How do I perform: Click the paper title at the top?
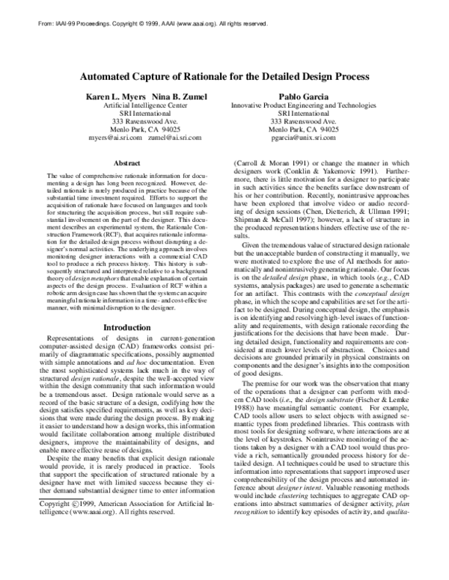224,75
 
